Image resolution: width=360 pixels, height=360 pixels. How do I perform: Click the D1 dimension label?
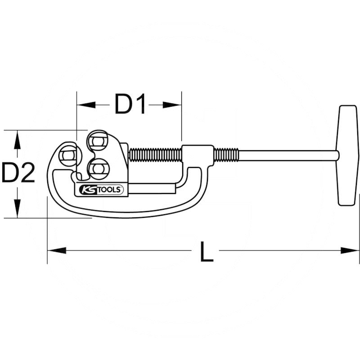pyautogui.click(x=130, y=104)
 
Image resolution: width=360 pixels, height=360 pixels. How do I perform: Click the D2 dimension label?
pyautogui.click(x=18, y=172)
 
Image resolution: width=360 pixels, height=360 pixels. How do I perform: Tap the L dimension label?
pyautogui.click(x=207, y=252)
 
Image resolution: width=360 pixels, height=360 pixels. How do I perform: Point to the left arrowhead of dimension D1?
pyautogui.click(x=86, y=105)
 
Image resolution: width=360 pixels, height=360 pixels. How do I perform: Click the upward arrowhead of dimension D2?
pyautogui.click(x=17, y=139)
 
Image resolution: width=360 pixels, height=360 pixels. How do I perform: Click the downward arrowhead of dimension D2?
pyautogui.click(x=17, y=208)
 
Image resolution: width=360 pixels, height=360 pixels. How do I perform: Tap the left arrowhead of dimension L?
pyautogui.click(x=57, y=251)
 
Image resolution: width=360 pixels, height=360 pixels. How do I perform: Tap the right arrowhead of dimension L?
pyautogui.click(x=350, y=251)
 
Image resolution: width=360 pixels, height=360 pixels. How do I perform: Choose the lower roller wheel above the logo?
pyautogui.click(x=99, y=169)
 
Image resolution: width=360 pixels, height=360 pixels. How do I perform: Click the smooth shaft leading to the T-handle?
pyautogui.click(x=288, y=155)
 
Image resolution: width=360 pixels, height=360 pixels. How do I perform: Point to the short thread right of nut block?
pyautogui.click(x=226, y=155)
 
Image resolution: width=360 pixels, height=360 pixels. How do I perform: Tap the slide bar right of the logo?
pyautogui.click(x=152, y=189)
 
